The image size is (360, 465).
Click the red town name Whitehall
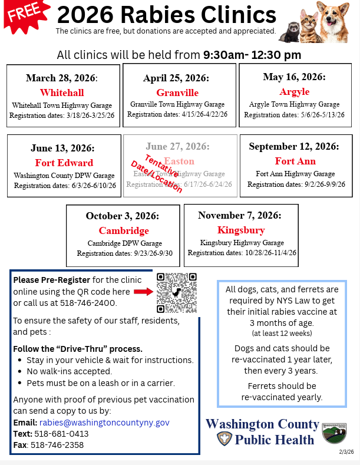tap(62, 93)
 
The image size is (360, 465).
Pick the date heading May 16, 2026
tap(294, 77)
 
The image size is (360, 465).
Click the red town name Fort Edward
tap(64, 163)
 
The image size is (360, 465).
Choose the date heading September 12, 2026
tap(295, 146)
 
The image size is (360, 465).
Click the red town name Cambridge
tap(124, 230)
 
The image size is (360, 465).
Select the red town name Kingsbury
tap(241, 230)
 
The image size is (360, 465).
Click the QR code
tap(177, 292)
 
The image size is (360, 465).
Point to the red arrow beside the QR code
tap(143, 292)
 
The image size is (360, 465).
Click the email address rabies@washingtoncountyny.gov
tap(104, 423)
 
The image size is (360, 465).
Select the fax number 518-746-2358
tap(57, 445)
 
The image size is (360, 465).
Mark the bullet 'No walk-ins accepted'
tap(70, 371)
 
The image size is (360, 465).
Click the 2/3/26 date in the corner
tap(346, 452)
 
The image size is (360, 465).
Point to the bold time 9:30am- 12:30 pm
tap(252, 55)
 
